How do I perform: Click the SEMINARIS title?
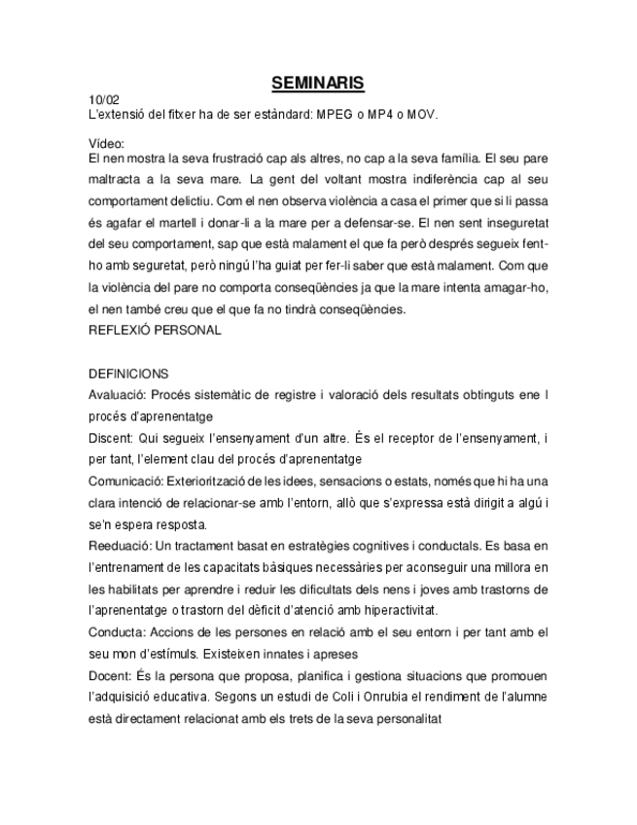318,84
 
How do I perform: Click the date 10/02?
104,100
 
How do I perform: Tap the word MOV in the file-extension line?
422,114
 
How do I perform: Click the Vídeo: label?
105,143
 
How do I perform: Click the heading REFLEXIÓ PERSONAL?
155,330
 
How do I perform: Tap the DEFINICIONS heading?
128,374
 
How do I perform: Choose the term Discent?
114,438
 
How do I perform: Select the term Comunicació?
126,481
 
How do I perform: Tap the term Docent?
111,675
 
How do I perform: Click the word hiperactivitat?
393,610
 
